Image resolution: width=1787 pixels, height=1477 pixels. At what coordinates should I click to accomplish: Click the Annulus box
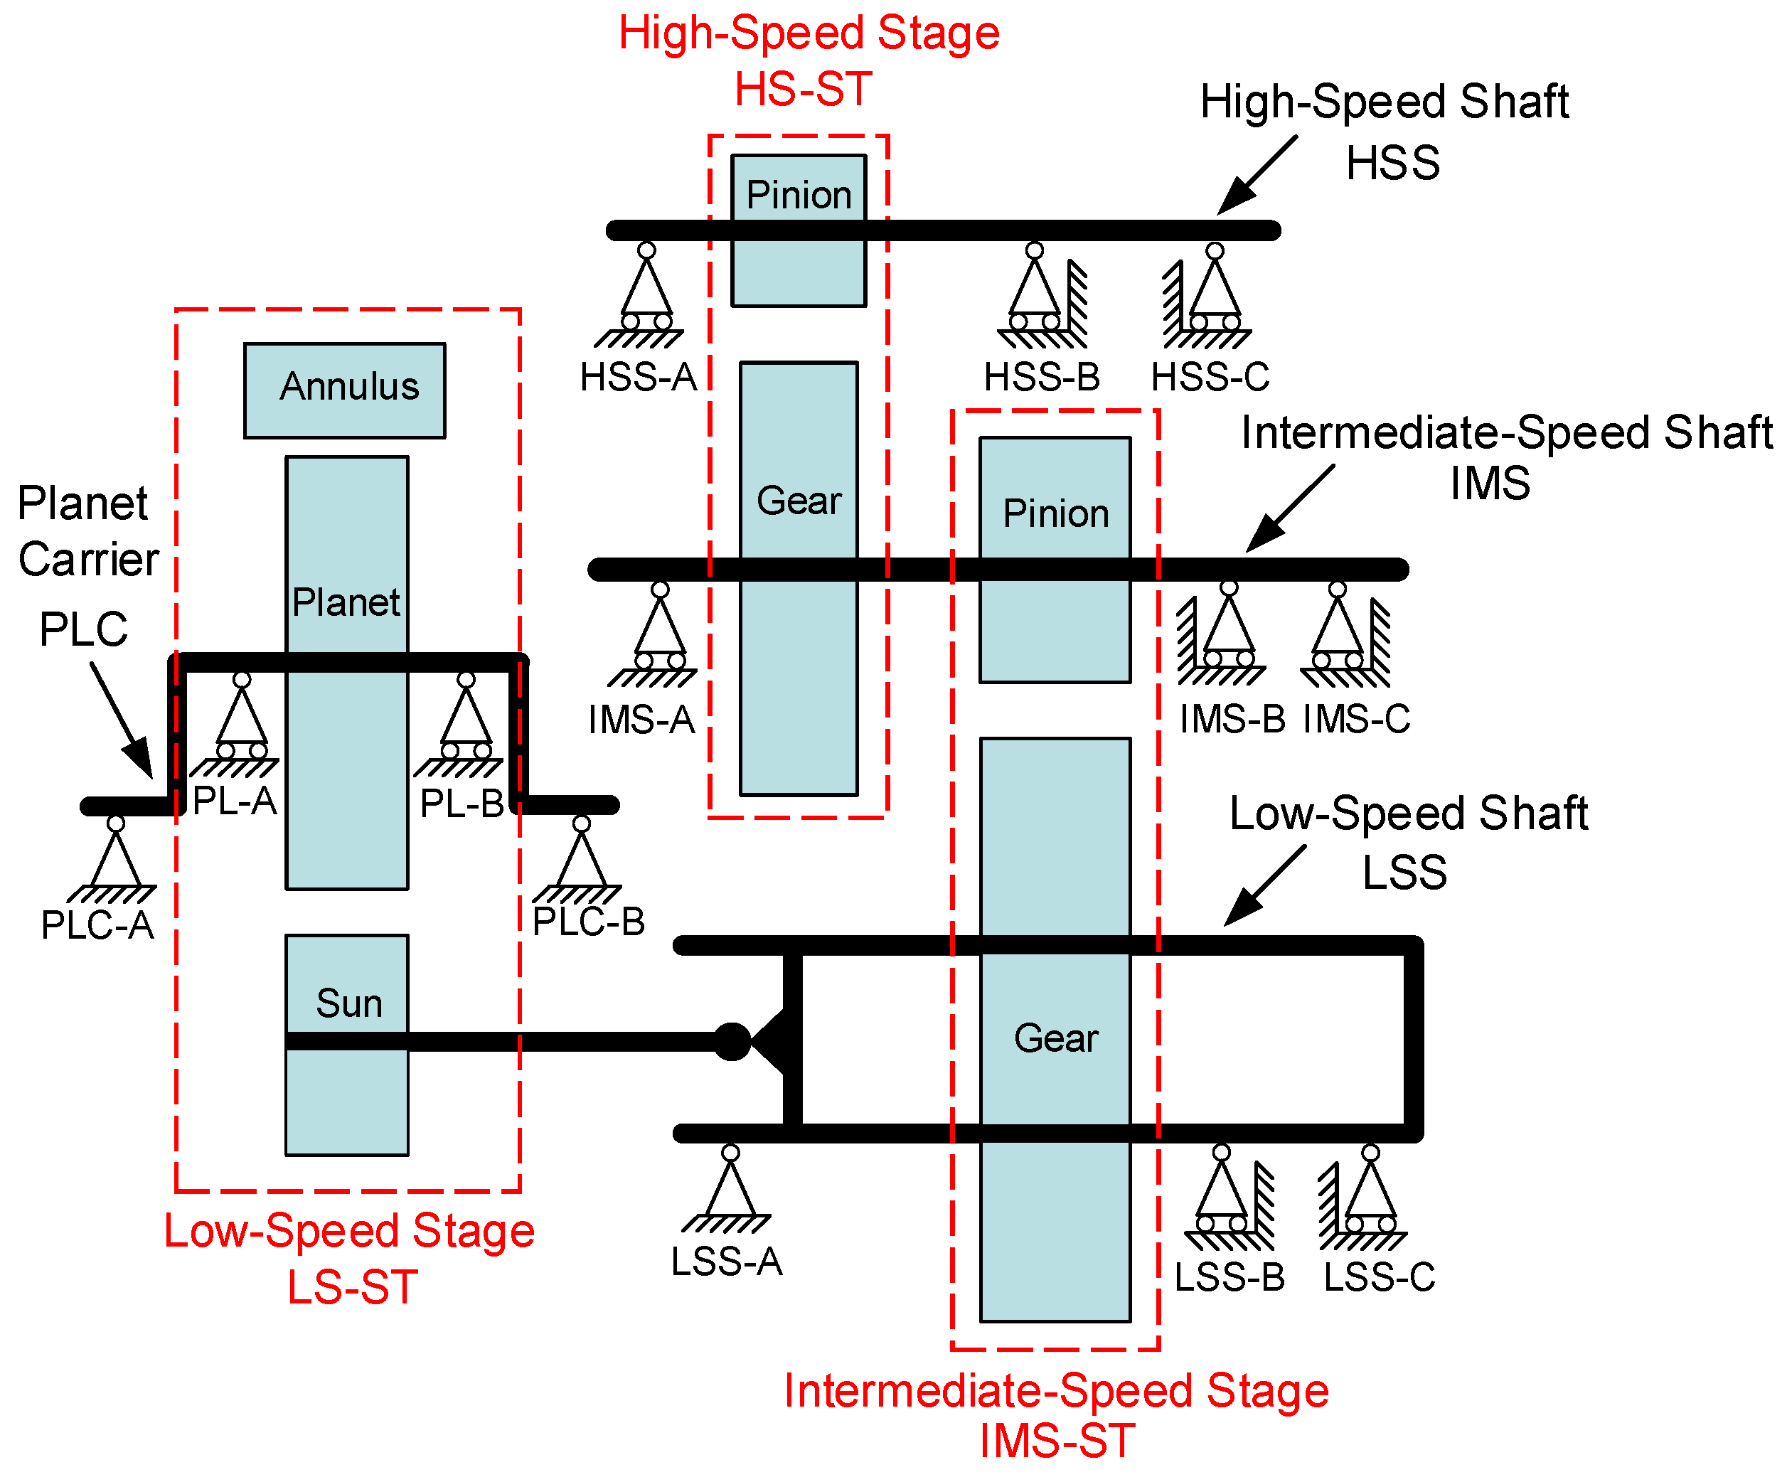pyautogui.click(x=343, y=390)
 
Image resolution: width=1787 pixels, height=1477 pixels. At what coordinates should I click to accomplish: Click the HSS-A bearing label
pyautogui.click(x=638, y=377)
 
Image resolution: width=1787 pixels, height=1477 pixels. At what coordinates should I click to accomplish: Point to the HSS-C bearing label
pyautogui.click(x=1209, y=377)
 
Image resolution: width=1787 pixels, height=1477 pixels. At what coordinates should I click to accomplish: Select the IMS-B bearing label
pyautogui.click(x=1231, y=719)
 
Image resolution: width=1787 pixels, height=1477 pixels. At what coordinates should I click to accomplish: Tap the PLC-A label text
pyautogui.click(x=97, y=925)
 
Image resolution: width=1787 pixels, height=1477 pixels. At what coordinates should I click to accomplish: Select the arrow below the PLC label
pyautogui.click(x=122, y=719)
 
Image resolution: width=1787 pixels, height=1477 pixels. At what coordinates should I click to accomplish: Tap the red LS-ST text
pyautogui.click(x=352, y=1286)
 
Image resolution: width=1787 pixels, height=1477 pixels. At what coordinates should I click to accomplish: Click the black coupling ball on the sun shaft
pyautogui.click(x=730, y=1041)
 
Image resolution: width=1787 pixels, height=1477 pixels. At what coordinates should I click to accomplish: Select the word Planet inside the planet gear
pyautogui.click(x=346, y=602)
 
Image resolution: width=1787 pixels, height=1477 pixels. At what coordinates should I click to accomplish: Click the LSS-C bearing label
pyautogui.click(x=1378, y=1276)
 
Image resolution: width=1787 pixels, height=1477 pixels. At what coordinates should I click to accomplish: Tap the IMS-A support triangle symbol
pyautogui.click(x=659, y=629)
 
